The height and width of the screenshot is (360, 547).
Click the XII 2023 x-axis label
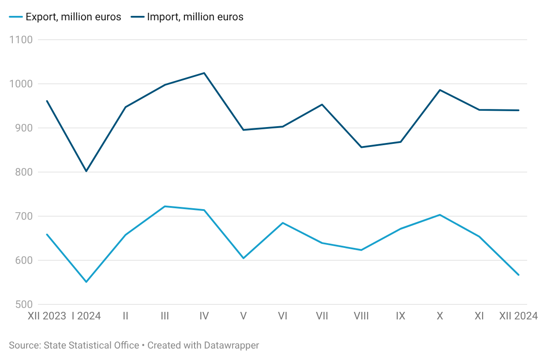(47, 316)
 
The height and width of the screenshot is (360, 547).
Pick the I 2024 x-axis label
(86, 316)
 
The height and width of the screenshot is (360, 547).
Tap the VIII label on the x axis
(361, 316)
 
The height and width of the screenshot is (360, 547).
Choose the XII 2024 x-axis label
(518, 316)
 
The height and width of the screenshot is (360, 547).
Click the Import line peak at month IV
(204, 73)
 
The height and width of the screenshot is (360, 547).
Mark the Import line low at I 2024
(86, 171)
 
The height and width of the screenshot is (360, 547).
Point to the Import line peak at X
(440, 90)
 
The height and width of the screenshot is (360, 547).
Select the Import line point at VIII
(361, 147)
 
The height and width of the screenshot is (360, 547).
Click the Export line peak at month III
(165, 206)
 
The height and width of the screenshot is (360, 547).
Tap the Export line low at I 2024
(86, 282)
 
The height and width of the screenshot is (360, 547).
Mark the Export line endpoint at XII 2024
(518, 275)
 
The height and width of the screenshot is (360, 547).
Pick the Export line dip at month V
(244, 258)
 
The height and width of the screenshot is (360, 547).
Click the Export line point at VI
(283, 223)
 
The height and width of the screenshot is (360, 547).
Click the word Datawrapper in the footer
(232, 345)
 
